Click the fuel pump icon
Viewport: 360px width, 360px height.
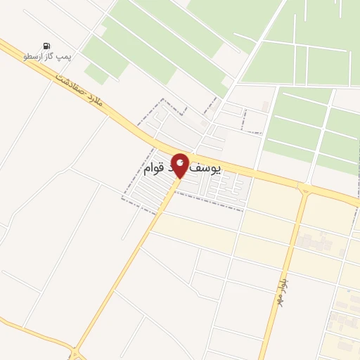click(x=47, y=46)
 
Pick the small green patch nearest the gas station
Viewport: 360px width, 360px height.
click(x=96, y=72)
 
